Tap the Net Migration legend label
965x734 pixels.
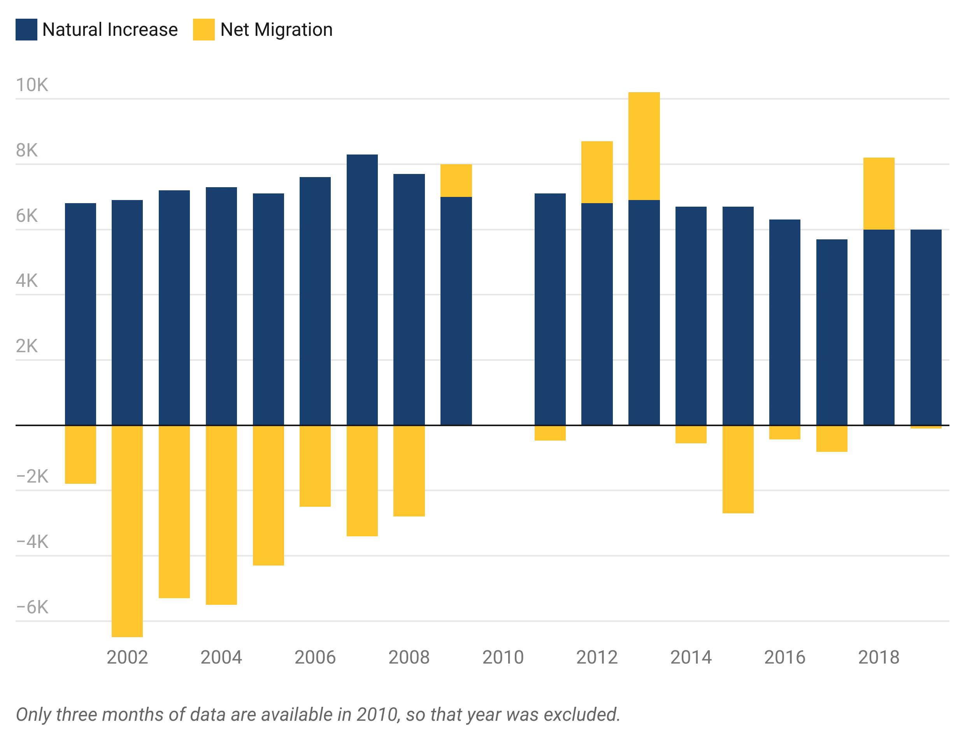click(x=275, y=31)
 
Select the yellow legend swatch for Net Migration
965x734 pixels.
click(x=202, y=33)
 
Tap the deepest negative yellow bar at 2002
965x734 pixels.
click(x=127, y=568)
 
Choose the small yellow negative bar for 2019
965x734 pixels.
click(x=926, y=442)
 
